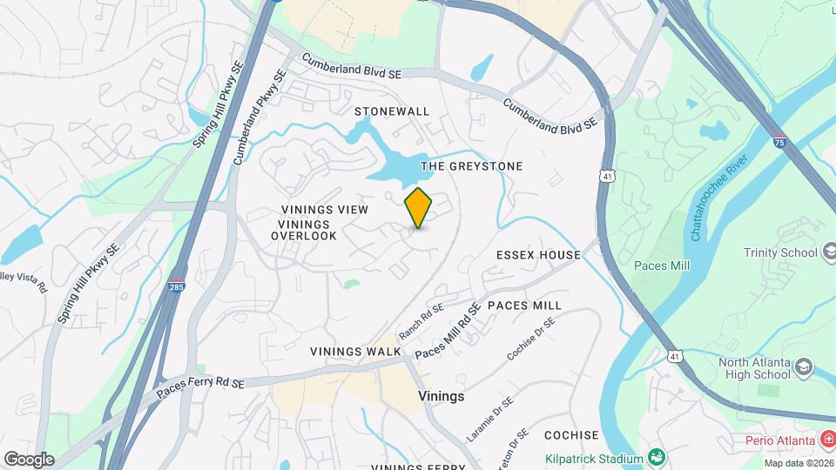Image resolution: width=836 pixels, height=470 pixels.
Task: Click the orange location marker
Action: click(x=419, y=208)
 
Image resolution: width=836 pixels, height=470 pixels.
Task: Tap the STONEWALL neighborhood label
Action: click(x=392, y=111)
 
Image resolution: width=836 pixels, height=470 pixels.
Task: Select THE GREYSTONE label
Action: click(x=472, y=165)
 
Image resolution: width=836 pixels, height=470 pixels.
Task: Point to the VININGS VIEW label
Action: click(x=325, y=210)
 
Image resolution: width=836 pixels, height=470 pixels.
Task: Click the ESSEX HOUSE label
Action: click(x=538, y=255)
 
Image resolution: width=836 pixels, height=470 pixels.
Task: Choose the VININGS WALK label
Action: click(x=355, y=352)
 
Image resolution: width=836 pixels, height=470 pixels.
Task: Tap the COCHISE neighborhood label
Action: click(x=571, y=434)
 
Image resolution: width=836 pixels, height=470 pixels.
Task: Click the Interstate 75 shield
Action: click(x=779, y=140)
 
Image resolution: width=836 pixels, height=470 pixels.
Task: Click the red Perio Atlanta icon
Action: click(x=826, y=440)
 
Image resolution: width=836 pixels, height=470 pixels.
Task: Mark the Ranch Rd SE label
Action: click(x=422, y=321)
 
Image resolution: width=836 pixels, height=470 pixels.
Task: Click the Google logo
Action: click(x=29, y=459)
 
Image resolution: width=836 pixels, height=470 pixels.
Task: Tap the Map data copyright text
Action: click(x=795, y=463)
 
